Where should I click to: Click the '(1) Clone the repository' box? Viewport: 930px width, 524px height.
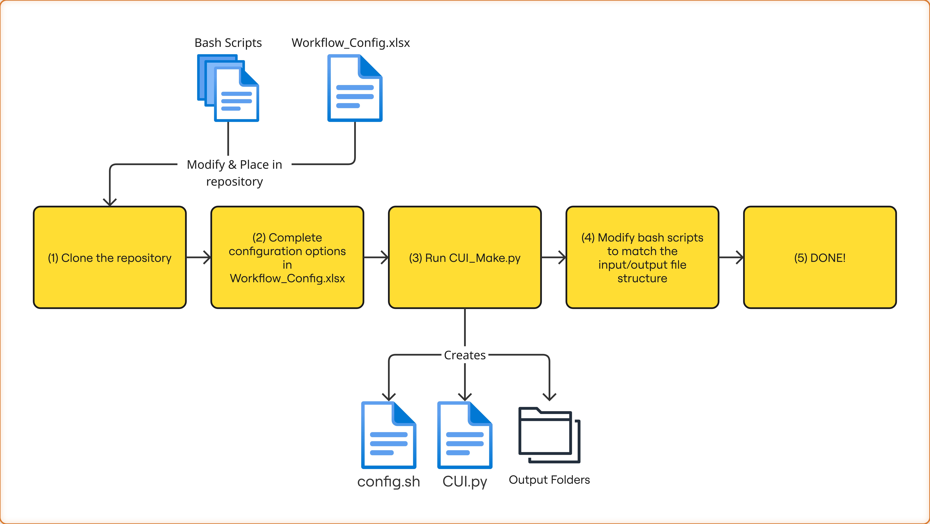click(x=110, y=257)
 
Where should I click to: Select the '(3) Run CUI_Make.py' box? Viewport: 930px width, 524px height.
click(x=465, y=257)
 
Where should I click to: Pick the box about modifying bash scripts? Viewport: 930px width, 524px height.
click(x=642, y=257)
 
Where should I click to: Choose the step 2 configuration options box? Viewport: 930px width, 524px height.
click(x=287, y=257)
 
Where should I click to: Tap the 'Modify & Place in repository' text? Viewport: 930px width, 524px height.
click(x=234, y=173)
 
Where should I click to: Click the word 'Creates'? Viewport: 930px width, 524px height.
click(x=465, y=355)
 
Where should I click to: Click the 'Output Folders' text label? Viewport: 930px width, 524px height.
click(x=549, y=480)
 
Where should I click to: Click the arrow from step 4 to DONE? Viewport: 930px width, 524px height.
click(x=731, y=257)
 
